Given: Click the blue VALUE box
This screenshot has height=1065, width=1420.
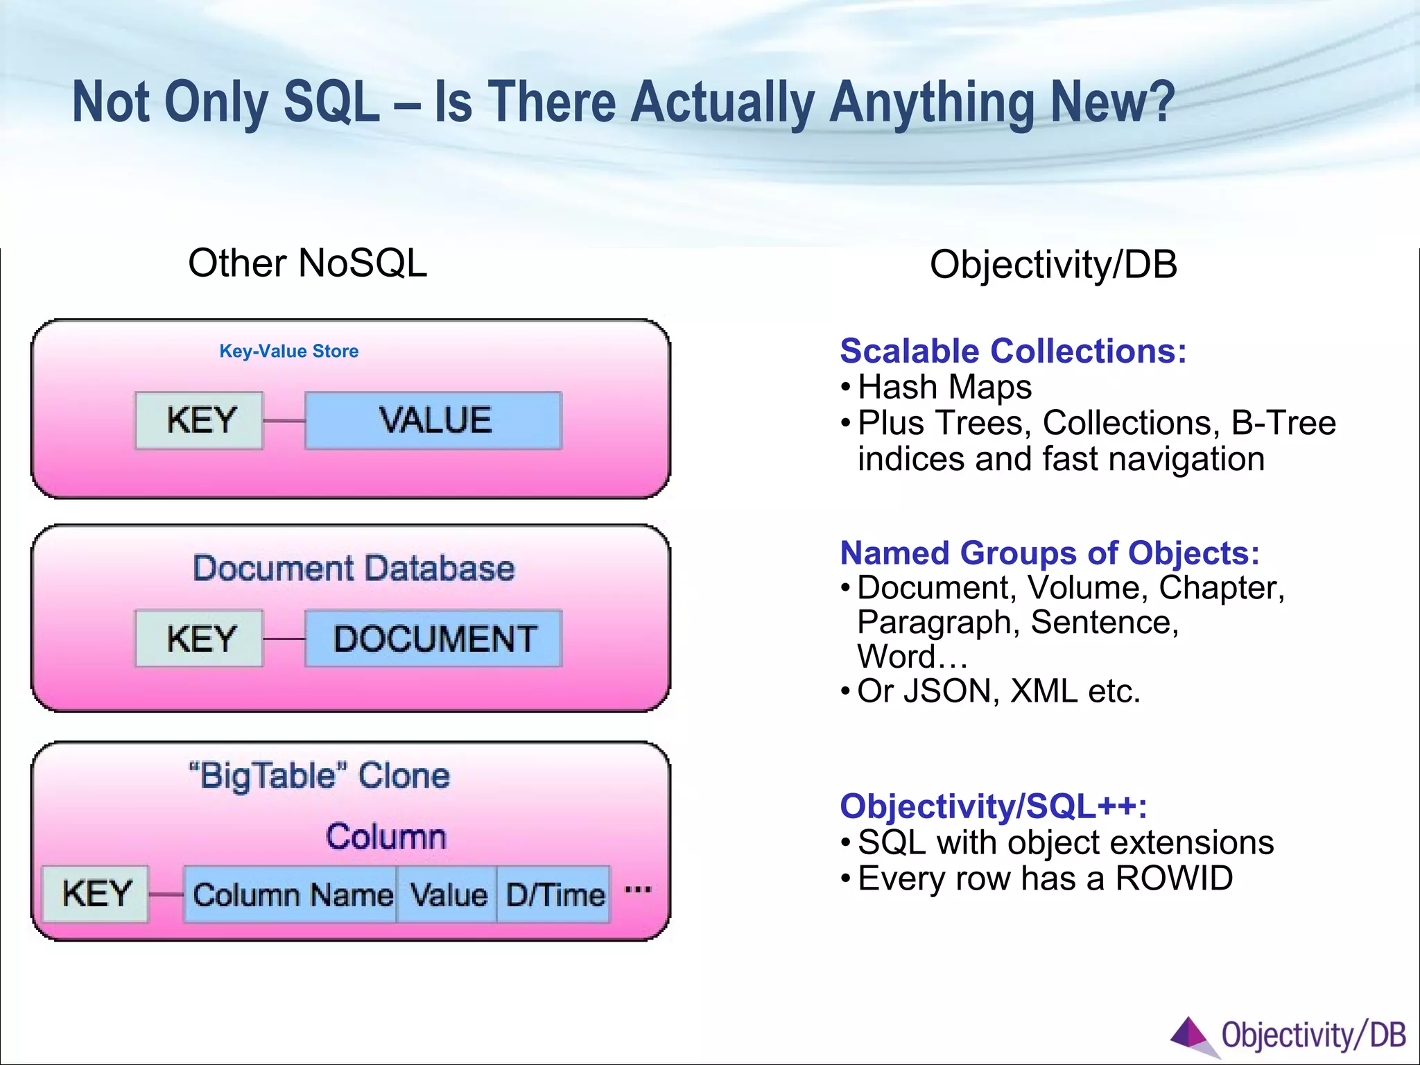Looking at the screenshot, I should (433, 420).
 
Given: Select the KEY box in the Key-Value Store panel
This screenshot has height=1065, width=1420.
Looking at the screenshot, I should (200, 420).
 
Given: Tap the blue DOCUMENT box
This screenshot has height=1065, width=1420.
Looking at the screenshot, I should (433, 639).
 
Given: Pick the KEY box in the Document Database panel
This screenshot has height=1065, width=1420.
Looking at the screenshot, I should (200, 639).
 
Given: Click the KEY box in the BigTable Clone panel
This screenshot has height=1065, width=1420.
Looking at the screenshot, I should (96, 894).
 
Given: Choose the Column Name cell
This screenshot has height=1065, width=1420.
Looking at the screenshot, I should (291, 894).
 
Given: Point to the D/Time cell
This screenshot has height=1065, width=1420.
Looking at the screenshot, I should (554, 894).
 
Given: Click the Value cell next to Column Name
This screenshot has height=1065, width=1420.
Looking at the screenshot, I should (447, 894).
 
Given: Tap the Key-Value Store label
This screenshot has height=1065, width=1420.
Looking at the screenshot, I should (288, 352).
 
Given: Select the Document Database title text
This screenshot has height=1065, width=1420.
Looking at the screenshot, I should (354, 569).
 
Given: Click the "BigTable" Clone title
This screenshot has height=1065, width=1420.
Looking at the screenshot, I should (319, 775).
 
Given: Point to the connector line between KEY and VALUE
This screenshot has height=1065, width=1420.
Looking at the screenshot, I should (284, 421).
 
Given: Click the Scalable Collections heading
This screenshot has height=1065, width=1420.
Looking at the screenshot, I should (1013, 351).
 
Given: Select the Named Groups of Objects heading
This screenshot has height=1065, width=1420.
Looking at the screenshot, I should (1049, 553).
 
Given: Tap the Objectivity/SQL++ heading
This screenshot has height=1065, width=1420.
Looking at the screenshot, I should (993, 806).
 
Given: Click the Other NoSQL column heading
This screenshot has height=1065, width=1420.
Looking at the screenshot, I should (307, 263).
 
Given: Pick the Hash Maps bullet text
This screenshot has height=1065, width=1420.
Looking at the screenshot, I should (944, 387).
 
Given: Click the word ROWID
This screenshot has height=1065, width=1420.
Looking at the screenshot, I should (1174, 878).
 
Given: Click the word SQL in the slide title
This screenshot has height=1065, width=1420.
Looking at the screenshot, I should (331, 103).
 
